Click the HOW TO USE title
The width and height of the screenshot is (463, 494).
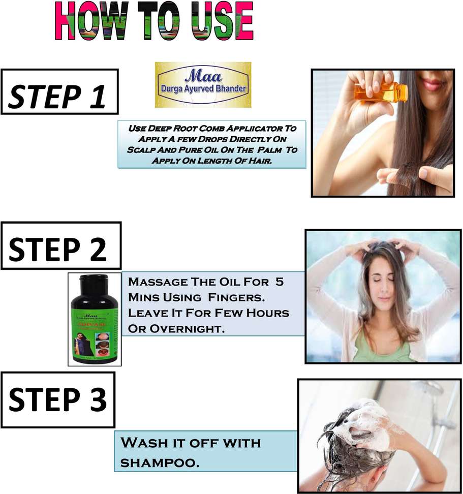153,21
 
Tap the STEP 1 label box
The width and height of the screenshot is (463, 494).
59,91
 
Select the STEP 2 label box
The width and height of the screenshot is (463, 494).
61,245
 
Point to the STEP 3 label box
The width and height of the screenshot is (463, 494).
58,399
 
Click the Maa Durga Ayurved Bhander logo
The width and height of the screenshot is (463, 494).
203,84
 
